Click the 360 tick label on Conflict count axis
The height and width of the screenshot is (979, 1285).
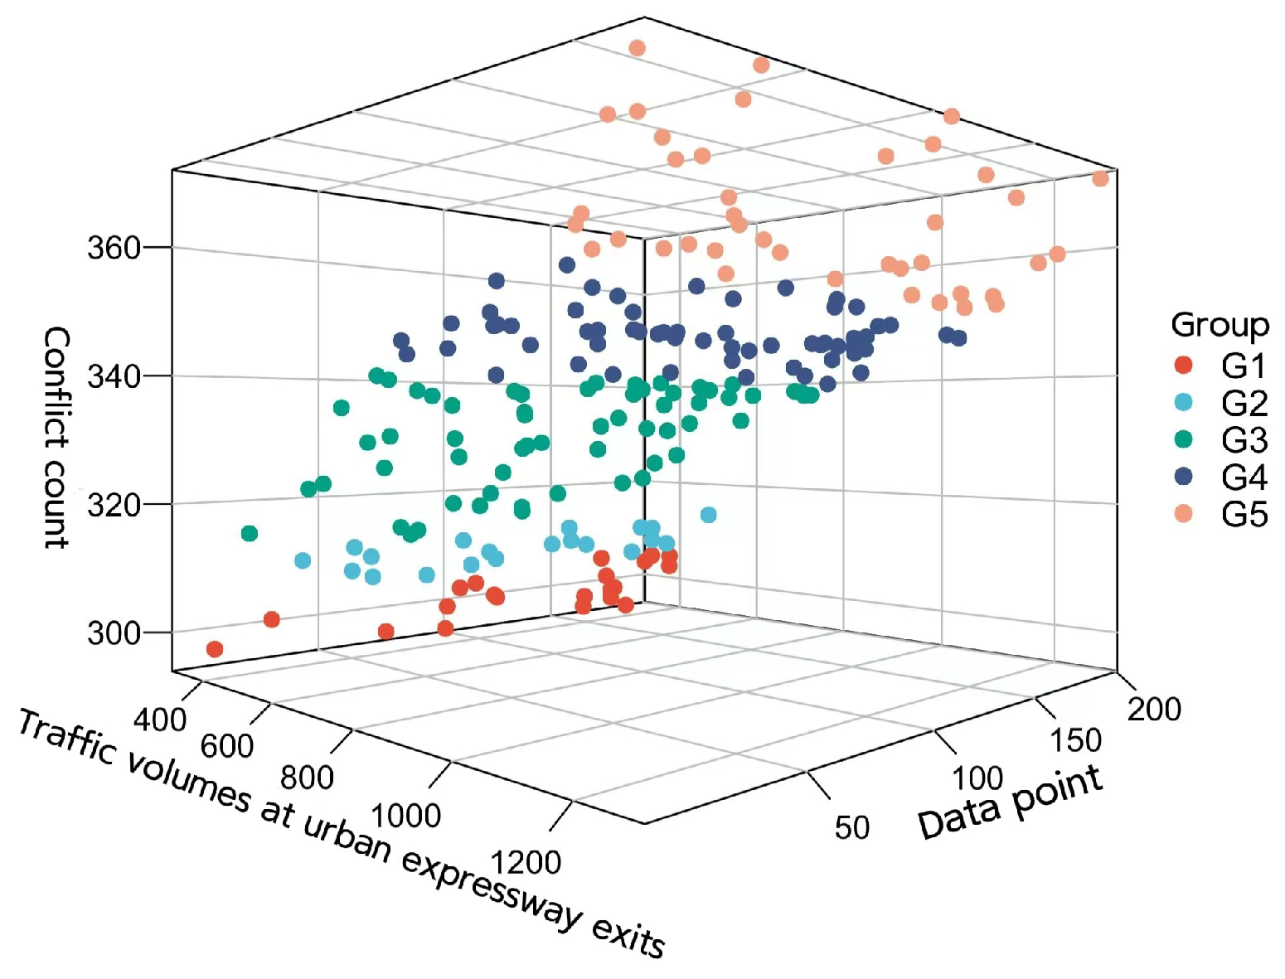[114, 248]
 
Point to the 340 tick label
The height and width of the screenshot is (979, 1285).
[114, 376]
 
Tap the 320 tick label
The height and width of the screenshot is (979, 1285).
[114, 505]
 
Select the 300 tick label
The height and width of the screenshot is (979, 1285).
[114, 633]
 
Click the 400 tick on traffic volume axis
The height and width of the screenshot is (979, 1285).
[160, 720]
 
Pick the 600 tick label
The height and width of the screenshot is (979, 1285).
[226, 746]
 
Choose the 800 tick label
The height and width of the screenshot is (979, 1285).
[307, 778]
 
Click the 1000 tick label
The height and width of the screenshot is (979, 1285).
[405, 816]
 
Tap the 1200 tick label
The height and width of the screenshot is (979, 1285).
[526, 862]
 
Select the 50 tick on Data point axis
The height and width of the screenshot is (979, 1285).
[851, 827]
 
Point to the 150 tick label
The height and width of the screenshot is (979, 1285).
[1075, 740]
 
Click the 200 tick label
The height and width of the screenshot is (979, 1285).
[1154, 710]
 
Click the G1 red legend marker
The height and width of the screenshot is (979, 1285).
[1184, 365]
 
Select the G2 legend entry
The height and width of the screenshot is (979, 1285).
[1244, 403]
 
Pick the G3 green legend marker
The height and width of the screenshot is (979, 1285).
[1184, 439]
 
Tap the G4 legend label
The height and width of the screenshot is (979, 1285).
[1244, 477]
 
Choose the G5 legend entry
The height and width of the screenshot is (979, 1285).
[1244, 515]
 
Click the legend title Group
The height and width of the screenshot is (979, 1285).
[1220, 325]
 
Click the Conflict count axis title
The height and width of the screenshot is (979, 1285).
[56, 437]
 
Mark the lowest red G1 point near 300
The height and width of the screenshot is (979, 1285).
[215, 649]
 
